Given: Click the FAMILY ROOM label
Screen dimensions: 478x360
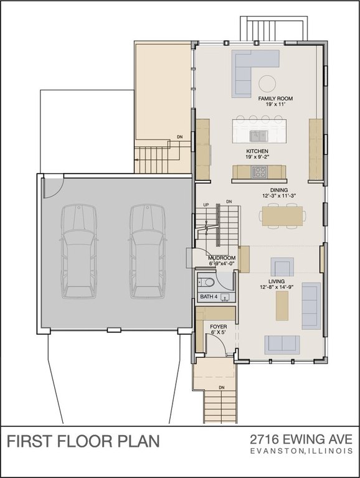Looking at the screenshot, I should pyautogui.click(x=275, y=99).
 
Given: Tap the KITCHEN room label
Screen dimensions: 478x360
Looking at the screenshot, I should pyautogui.click(x=257, y=151).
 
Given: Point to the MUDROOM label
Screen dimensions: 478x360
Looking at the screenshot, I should pyautogui.click(x=221, y=257).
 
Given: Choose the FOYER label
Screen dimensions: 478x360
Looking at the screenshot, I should pyautogui.click(x=218, y=326).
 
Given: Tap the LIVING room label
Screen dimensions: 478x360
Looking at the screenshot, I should pyautogui.click(x=277, y=281).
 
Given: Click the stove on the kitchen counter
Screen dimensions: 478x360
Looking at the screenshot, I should pyautogui.click(x=259, y=172).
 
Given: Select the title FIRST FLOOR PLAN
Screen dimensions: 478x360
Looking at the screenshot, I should pyautogui.click(x=83, y=441).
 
